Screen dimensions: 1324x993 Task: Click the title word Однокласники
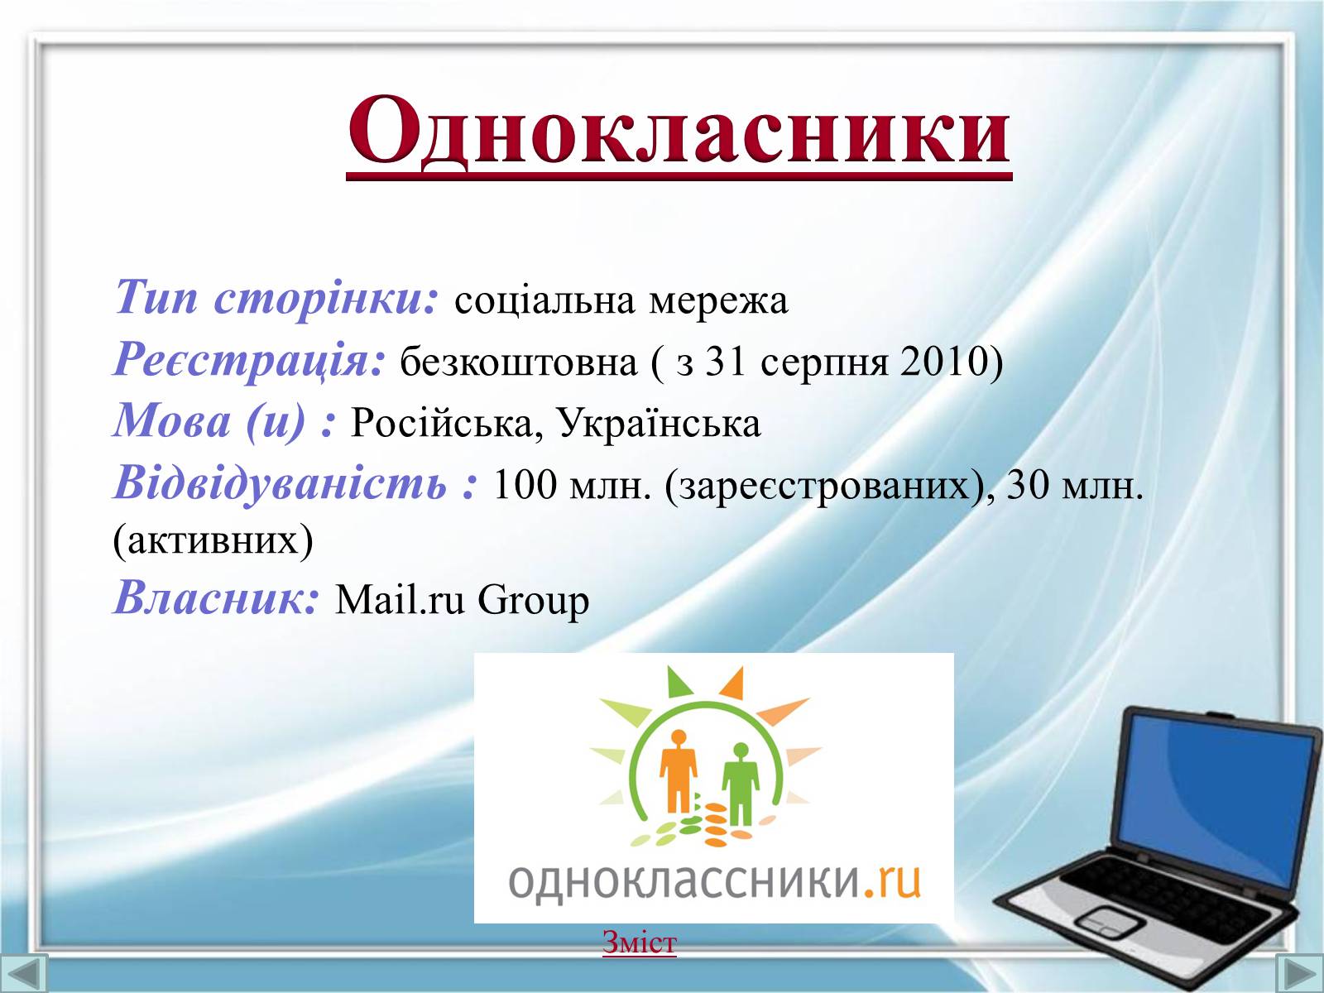click(x=679, y=132)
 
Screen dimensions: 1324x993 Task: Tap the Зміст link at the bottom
click(x=640, y=943)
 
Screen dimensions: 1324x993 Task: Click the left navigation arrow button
click(x=23, y=973)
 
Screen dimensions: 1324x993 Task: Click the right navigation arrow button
click(x=1300, y=973)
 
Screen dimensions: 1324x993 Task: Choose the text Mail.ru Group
click(x=462, y=601)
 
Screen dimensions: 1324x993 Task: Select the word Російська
click(x=444, y=423)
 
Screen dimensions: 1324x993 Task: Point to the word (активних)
click(x=213, y=541)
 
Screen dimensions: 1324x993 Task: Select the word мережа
click(x=718, y=301)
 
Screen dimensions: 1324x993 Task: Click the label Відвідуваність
click(x=281, y=483)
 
